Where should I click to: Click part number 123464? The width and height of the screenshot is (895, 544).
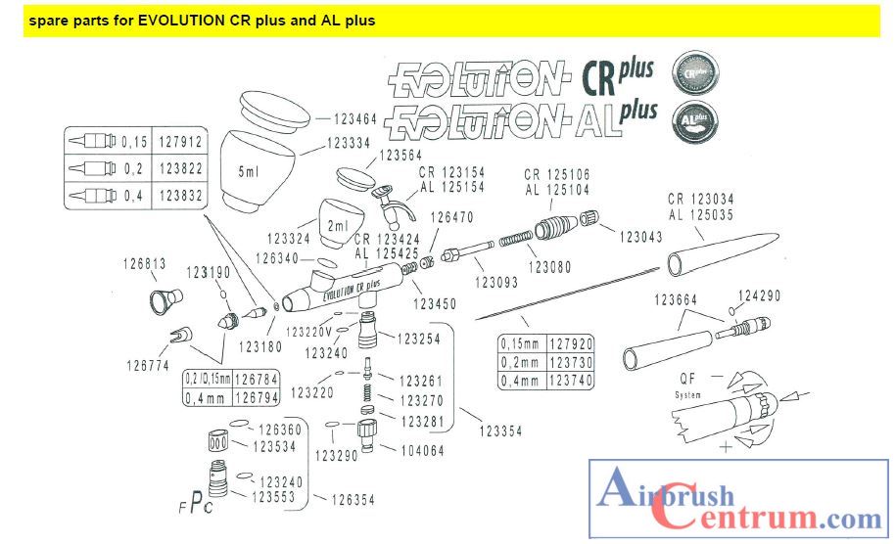tap(355, 119)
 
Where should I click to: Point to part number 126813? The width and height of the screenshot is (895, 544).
tap(145, 263)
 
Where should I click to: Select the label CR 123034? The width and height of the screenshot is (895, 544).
tap(704, 199)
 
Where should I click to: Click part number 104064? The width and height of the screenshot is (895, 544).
tap(423, 450)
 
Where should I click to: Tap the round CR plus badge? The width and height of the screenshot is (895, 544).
tap(695, 73)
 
